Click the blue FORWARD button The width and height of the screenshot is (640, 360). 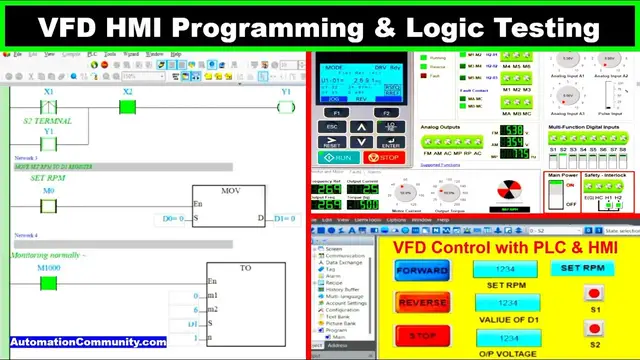[x=422, y=270]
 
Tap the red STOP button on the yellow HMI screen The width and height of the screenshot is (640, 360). [x=422, y=334]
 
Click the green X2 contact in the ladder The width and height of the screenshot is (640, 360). [x=127, y=106]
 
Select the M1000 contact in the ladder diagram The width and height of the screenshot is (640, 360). [x=49, y=282]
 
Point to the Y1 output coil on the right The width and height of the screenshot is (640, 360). [x=286, y=106]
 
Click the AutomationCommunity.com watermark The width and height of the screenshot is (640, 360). [x=89, y=342]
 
